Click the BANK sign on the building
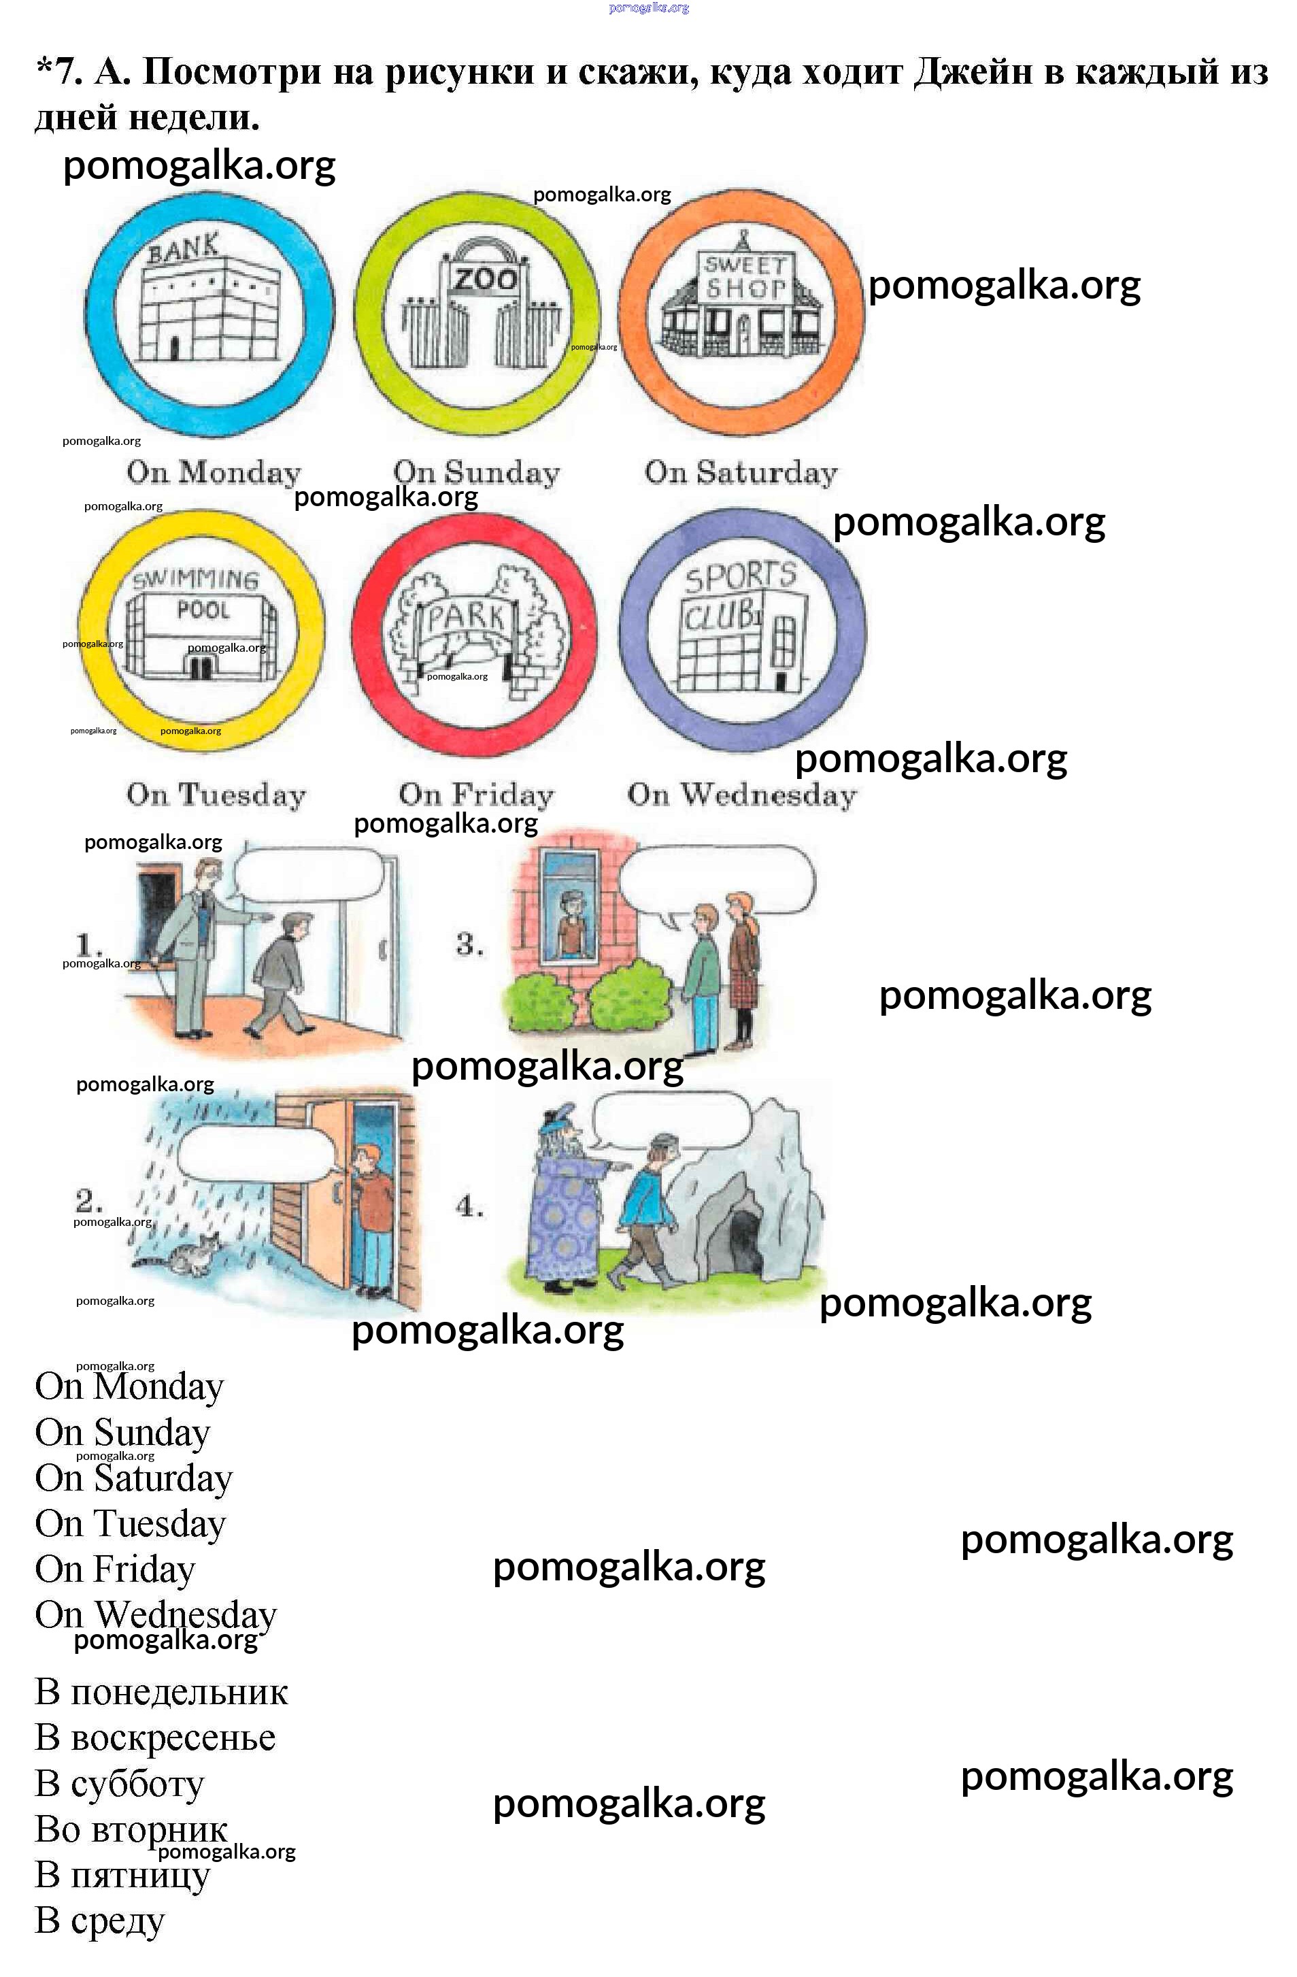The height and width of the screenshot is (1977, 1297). tap(184, 248)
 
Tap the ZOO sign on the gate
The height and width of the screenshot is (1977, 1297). tap(484, 279)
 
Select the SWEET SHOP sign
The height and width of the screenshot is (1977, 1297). tap(745, 278)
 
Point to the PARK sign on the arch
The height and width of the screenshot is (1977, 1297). tap(466, 616)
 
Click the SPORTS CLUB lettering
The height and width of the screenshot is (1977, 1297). tap(737, 595)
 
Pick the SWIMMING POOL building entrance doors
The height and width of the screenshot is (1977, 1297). tap(199, 667)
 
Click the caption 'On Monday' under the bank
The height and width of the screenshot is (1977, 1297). tap(214, 473)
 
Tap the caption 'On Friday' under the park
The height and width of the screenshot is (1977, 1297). tap(476, 795)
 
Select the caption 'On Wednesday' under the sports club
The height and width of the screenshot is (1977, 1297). tap(741, 795)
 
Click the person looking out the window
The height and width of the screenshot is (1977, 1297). tap(570, 922)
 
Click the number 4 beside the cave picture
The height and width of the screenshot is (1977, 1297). tap(469, 1206)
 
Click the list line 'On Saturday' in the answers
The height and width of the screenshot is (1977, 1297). tap(134, 1478)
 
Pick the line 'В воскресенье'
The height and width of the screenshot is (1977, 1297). tap(155, 1738)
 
